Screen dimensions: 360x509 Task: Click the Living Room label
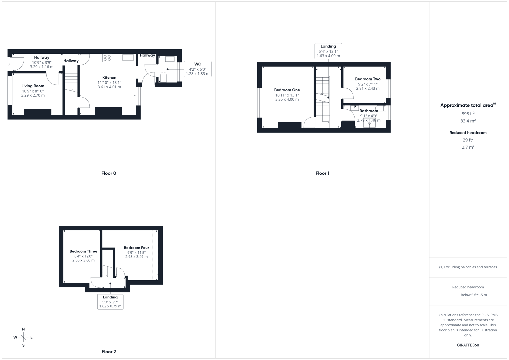[33, 86]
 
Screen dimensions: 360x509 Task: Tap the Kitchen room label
[109, 78]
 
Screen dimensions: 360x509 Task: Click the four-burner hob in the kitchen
[107, 58]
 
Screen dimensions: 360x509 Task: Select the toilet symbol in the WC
[163, 77]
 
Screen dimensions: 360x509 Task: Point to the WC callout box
[198, 69]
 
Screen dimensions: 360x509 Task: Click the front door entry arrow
[8, 64]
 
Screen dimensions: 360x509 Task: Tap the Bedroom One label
[287, 90]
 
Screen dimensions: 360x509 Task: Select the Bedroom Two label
[368, 79]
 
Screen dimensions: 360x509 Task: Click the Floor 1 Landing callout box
[328, 51]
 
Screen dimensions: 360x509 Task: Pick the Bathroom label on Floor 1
[369, 111]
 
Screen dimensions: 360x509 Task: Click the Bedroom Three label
[83, 251]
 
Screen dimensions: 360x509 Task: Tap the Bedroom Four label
[136, 248]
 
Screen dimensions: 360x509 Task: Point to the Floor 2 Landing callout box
[110, 301]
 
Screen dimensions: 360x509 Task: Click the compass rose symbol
[23, 337]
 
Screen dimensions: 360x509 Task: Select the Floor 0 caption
[109, 173]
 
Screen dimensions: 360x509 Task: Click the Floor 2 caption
[109, 352]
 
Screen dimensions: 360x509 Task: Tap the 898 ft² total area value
[468, 114]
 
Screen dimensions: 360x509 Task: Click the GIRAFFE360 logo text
[468, 345]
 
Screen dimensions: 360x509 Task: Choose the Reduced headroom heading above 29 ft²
[468, 133]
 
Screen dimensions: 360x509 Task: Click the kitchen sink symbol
[128, 57]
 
